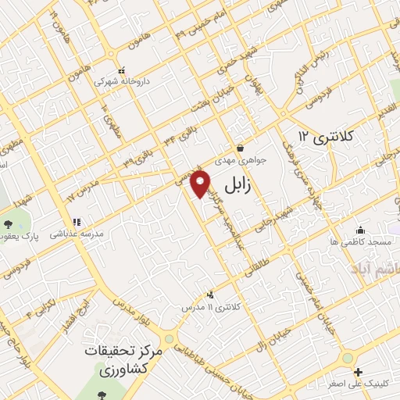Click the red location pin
pyautogui.click(x=201, y=185)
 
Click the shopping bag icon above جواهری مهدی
pyautogui.click(x=240, y=147)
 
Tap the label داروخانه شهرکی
pyautogui.click(x=116, y=80)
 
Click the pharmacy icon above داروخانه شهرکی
pyautogui.click(x=120, y=68)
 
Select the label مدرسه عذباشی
pyautogui.click(x=77, y=234)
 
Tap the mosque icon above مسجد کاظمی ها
pyautogui.click(x=360, y=230)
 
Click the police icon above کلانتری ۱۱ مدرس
pyautogui.click(x=209, y=295)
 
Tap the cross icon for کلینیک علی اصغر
pyautogui.click(x=357, y=373)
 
